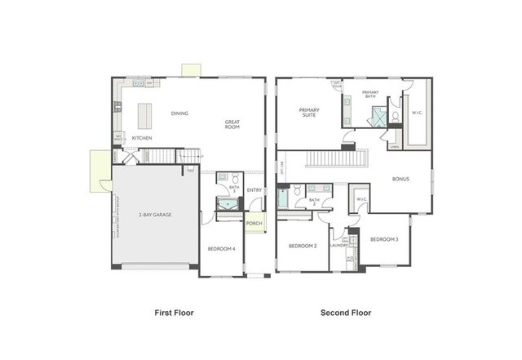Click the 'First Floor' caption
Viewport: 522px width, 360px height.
tap(174, 312)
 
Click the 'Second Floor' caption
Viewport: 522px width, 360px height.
tap(346, 312)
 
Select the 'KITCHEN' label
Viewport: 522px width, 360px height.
tap(142, 138)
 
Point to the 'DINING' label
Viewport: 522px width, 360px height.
tap(179, 113)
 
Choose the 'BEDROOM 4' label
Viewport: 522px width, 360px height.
tap(221, 248)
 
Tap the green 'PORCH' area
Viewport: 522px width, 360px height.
tap(254, 223)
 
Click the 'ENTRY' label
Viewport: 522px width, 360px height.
tap(254, 190)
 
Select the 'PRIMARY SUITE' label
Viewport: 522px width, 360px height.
tap(310, 113)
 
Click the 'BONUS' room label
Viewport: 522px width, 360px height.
tap(400, 179)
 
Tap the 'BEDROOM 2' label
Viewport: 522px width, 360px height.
tap(303, 245)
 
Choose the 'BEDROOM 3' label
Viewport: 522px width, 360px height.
tap(384, 239)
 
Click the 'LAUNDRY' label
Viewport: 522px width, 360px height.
tap(339, 245)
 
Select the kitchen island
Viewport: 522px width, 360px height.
tap(147, 115)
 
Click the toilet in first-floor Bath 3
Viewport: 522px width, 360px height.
tap(235, 178)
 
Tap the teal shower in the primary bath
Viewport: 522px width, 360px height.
tap(378, 117)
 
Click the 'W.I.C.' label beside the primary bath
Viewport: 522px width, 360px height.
tap(417, 113)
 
